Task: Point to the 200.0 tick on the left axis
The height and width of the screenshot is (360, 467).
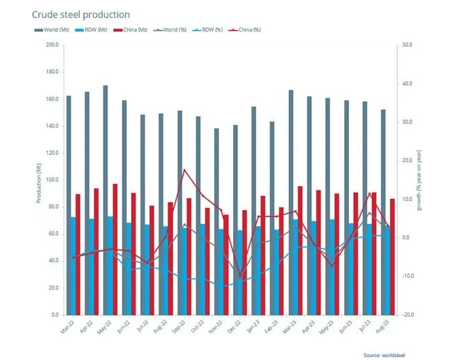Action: click(x=52, y=45)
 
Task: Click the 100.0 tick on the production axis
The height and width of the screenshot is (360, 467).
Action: click(x=52, y=180)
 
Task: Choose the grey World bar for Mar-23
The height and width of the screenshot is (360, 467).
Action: click(x=290, y=202)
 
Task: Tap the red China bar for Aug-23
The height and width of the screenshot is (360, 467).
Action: click(x=393, y=257)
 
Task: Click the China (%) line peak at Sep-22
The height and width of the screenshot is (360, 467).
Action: click(x=184, y=170)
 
